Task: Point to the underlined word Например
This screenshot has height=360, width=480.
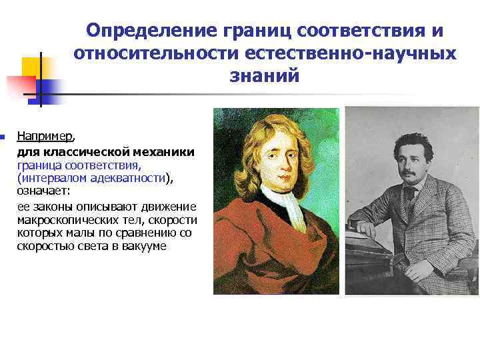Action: [x=45, y=137]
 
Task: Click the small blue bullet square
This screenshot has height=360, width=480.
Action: [x=3, y=137]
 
